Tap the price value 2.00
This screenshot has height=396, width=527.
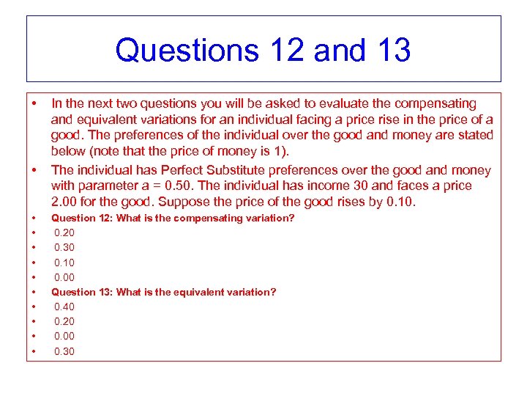[64, 202]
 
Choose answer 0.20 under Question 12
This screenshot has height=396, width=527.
[64, 232]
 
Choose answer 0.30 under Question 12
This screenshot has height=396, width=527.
[64, 247]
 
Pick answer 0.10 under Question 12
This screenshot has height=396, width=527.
[64, 263]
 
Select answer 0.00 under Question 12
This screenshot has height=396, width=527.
[64, 277]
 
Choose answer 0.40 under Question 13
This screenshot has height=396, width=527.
[64, 307]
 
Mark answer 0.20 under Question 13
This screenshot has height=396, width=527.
[64, 321]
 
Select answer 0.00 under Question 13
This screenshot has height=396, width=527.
[64, 336]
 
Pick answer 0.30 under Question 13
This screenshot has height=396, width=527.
[64, 351]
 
